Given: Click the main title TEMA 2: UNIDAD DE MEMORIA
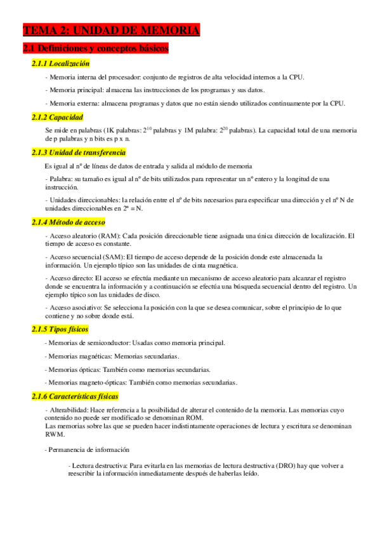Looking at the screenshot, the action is (x=112, y=30).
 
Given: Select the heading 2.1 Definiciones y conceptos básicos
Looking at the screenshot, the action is (x=95, y=48).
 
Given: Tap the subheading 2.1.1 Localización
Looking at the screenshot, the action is (x=61, y=64).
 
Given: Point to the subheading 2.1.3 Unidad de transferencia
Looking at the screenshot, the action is (x=79, y=153).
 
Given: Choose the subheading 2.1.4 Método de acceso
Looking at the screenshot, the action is (x=69, y=222).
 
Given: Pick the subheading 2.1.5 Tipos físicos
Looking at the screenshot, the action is (x=60, y=329).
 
